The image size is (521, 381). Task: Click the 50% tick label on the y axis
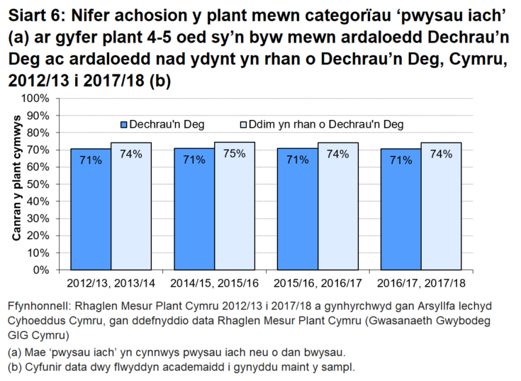(x=38, y=184)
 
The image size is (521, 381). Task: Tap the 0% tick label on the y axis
(x=41, y=270)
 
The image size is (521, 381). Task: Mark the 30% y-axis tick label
(x=38, y=219)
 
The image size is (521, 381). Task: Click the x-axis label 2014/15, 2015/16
(x=214, y=283)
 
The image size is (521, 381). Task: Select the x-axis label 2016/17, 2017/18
(x=421, y=283)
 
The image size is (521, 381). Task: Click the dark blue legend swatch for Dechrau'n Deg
(x=124, y=125)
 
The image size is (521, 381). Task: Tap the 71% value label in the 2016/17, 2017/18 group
(x=400, y=160)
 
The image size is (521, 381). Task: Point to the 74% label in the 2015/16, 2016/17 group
(x=337, y=154)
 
